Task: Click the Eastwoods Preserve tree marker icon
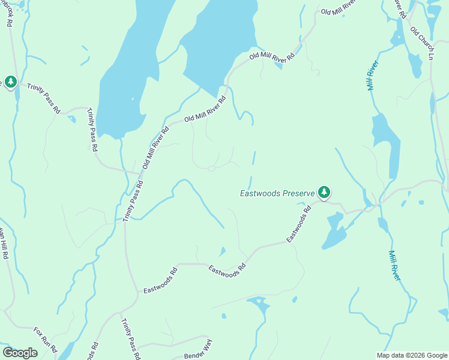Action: (x=324, y=192)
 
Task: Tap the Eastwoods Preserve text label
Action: (x=277, y=194)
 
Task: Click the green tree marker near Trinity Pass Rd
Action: (x=10, y=81)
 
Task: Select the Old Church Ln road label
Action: (x=422, y=42)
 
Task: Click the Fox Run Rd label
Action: (x=45, y=340)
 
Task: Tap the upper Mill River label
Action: (x=372, y=75)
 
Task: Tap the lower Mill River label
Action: (x=394, y=265)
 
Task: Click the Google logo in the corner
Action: (x=20, y=353)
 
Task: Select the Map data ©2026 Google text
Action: (x=412, y=355)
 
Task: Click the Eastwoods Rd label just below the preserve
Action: (x=299, y=223)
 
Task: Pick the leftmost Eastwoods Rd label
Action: (x=160, y=280)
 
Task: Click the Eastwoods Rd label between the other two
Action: (x=228, y=270)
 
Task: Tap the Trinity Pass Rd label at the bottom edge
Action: (x=130, y=339)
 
